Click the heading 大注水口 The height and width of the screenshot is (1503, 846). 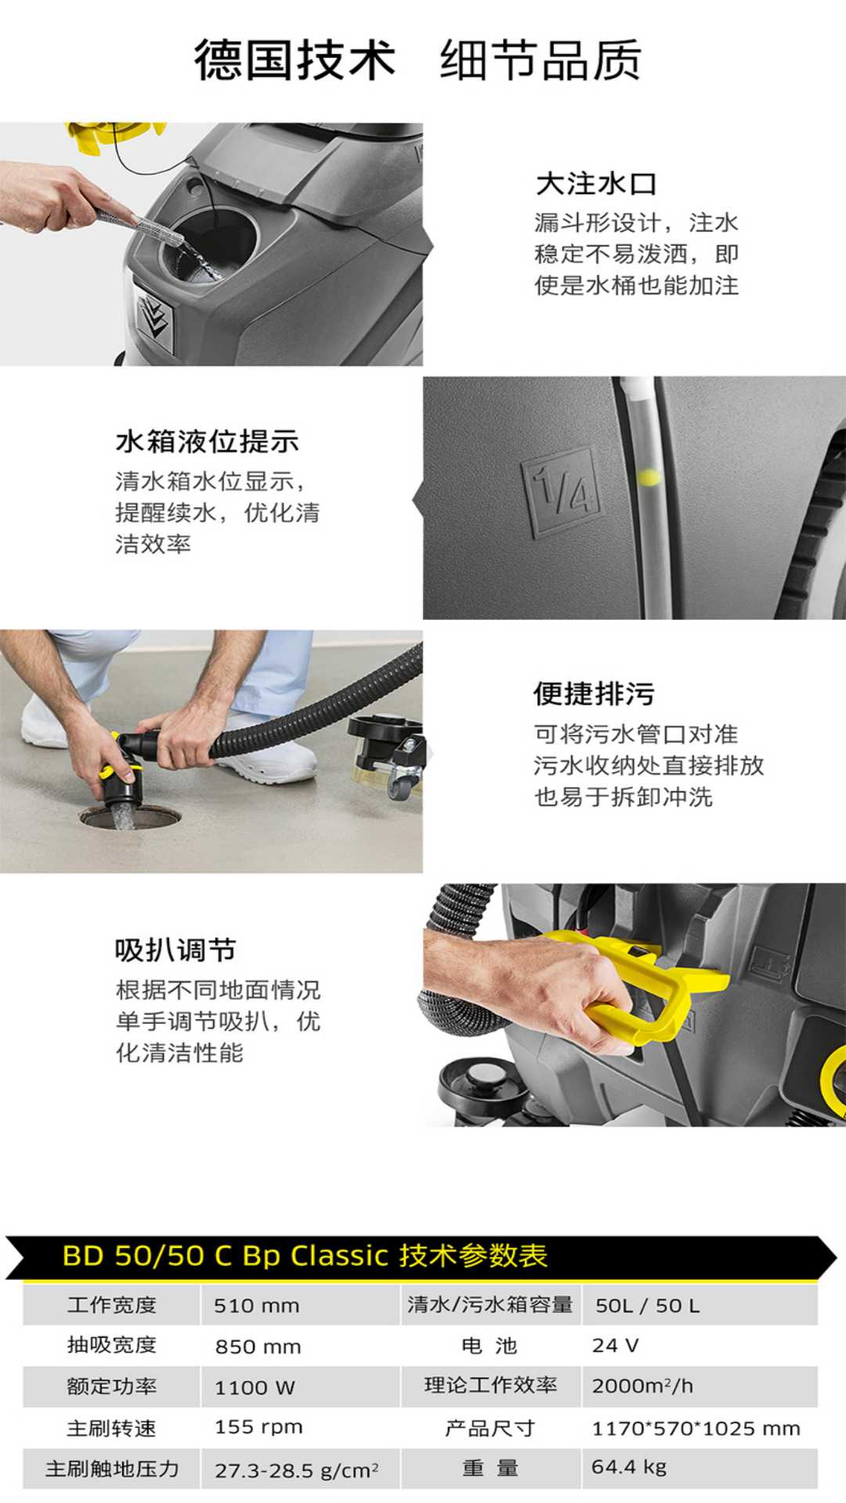[596, 184]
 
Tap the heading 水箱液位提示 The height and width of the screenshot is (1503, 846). [208, 442]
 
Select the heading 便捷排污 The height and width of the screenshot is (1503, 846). [594, 694]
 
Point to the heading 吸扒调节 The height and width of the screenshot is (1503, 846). [175, 950]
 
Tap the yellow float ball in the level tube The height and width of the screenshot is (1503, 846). [649, 477]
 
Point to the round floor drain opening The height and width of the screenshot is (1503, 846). [130, 818]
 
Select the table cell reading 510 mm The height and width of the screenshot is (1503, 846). [257, 1306]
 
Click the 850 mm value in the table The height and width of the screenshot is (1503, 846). [258, 1346]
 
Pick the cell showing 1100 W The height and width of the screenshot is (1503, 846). [255, 1388]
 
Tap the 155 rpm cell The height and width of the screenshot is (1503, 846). [258, 1427]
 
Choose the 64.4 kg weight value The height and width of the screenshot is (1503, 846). [629, 1467]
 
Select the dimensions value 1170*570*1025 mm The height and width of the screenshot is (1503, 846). [696, 1429]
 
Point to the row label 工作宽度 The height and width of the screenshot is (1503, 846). [111, 1305]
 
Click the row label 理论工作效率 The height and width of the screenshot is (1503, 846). [490, 1385]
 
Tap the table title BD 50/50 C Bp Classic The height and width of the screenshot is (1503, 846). [226, 1256]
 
